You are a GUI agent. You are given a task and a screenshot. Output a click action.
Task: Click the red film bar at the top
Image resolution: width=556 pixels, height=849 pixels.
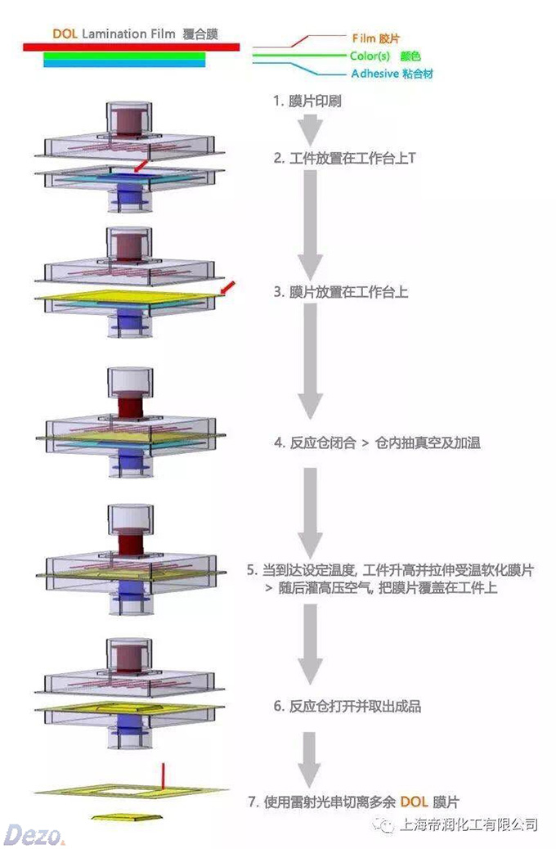point(131,47)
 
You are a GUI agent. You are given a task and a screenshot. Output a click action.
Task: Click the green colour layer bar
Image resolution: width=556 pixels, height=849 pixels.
point(124,56)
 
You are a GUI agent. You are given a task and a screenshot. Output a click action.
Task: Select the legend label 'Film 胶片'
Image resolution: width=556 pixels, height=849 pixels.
point(375,38)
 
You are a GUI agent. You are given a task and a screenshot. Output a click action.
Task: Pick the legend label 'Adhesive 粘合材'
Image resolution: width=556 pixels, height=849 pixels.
point(392,74)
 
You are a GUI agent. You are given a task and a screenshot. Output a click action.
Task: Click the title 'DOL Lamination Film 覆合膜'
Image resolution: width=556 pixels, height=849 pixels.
point(135,34)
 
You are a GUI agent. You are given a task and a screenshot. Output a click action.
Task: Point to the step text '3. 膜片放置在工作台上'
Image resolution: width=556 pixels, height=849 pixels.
point(340,292)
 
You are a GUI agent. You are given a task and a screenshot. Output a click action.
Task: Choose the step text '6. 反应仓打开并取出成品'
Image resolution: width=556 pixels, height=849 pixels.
point(347,705)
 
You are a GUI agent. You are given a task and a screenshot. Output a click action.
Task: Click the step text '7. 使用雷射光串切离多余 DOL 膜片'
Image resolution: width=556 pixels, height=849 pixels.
point(359,802)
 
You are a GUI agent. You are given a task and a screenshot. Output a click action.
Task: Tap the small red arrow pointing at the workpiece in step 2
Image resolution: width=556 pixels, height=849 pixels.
point(141,167)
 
